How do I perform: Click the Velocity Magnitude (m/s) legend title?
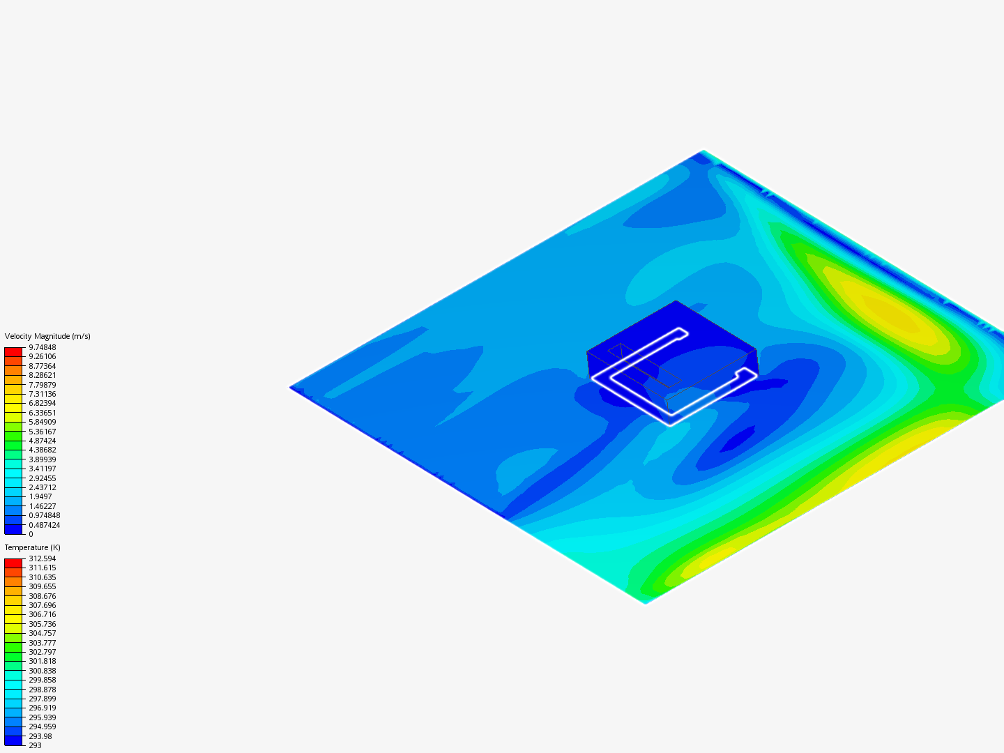click(x=47, y=336)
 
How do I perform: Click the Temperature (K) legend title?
click(x=33, y=547)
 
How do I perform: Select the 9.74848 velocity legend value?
click(x=43, y=347)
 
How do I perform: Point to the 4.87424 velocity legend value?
click(x=43, y=441)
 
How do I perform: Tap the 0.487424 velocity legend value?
click(x=45, y=525)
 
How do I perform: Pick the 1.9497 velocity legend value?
click(x=40, y=496)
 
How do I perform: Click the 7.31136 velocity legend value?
click(x=43, y=394)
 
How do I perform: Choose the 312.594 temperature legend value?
click(x=43, y=558)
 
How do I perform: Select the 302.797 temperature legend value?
click(x=43, y=652)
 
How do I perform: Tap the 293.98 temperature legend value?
click(x=40, y=736)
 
